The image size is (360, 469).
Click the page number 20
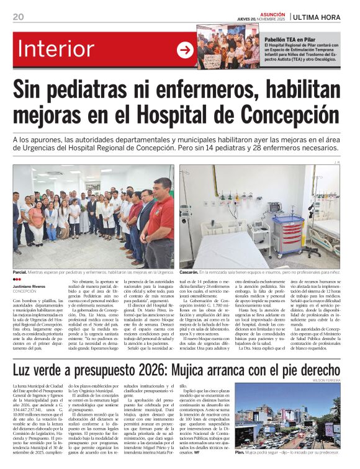click(18, 17)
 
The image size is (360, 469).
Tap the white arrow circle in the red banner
click(185, 50)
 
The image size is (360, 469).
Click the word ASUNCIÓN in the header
click(272, 14)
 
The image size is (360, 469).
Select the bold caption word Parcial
click(20, 272)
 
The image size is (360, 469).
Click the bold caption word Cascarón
click(189, 272)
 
